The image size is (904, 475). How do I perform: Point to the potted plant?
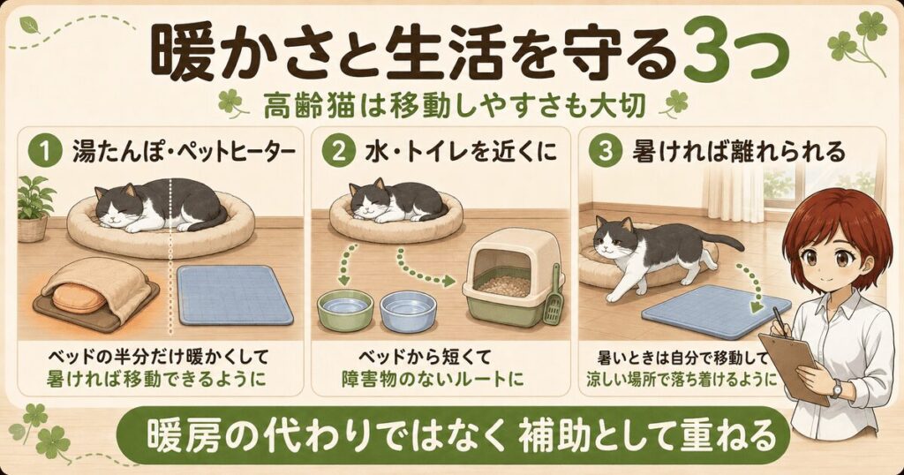point(33,207)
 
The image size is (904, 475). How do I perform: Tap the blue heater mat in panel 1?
point(233,294)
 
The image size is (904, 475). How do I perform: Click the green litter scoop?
point(554,294)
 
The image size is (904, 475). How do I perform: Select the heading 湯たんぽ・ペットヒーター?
point(183,153)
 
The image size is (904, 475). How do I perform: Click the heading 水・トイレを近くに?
point(461,153)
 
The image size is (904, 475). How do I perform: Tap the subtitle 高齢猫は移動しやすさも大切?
point(454,107)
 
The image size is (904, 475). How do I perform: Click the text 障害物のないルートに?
point(433,380)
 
